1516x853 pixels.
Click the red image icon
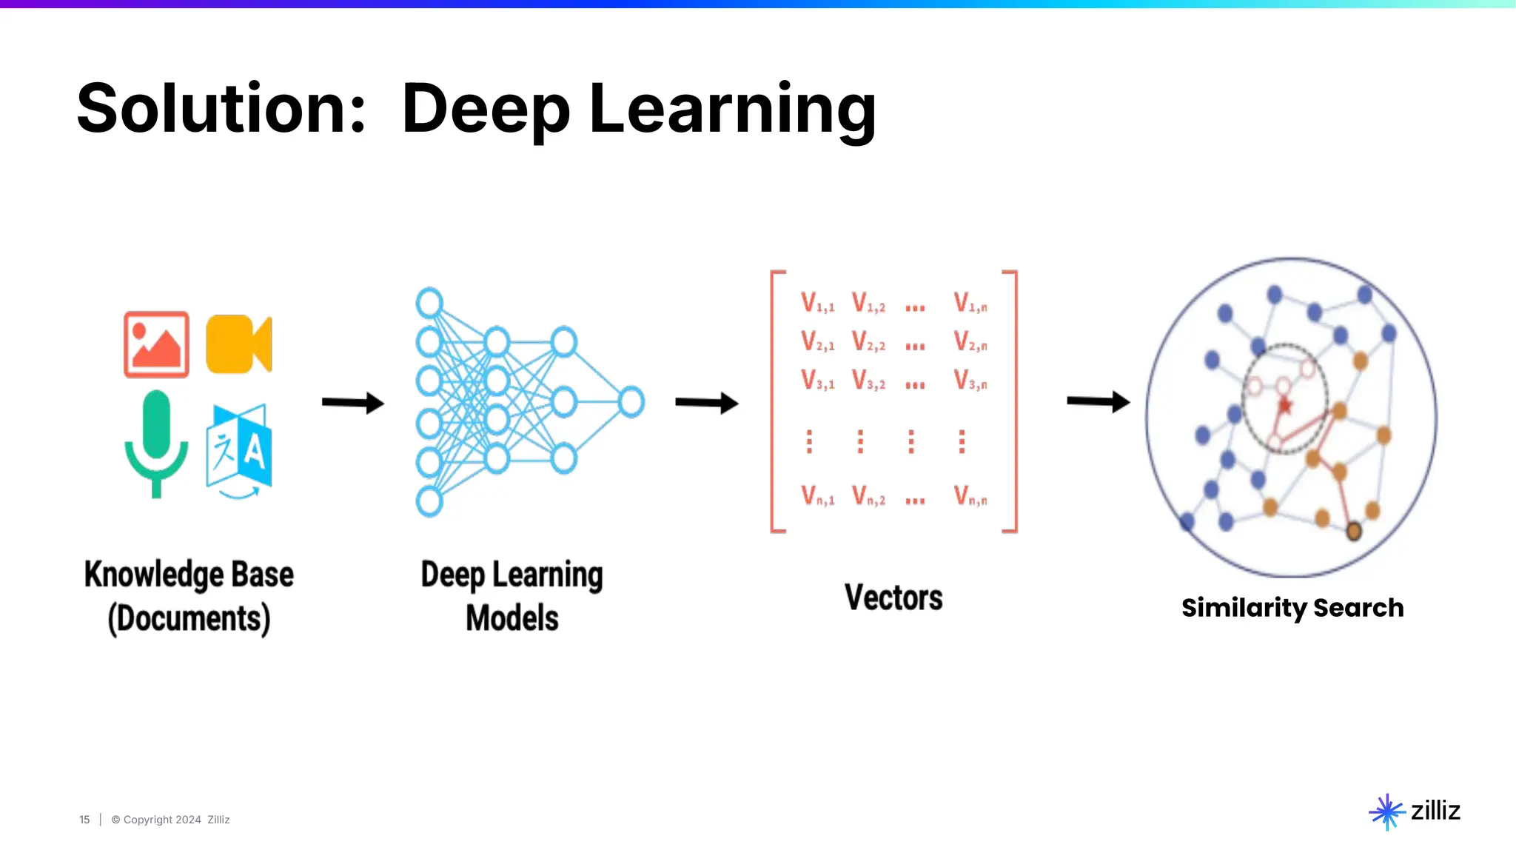pos(156,344)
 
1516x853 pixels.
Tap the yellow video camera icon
pos(238,344)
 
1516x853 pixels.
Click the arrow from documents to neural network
pos(352,403)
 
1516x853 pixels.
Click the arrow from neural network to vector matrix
pos(706,403)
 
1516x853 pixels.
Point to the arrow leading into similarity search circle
pos(1098,401)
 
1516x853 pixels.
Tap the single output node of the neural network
pos(631,402)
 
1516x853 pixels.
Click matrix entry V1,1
pos(817,303)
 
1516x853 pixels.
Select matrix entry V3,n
pos(970,381)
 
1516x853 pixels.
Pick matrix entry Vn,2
pos(868,495)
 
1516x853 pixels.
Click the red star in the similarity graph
pos(1285,405)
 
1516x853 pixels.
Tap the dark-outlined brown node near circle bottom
pos(1353,531)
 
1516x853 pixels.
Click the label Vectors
pos(893,598)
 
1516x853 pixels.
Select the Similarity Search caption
pos(1292,608)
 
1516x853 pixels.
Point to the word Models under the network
pos(512,618)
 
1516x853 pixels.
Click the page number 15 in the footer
pos(84,820)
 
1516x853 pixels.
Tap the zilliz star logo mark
pos(1386,812)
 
